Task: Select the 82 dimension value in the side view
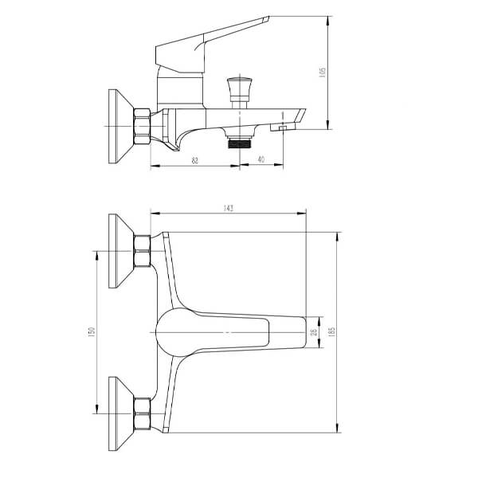point(194,161)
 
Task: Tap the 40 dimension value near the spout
point(262,161)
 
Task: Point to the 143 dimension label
point(228,208)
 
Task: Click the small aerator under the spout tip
point(283,127)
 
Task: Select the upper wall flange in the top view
point(120,252)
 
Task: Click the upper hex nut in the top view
point(143,252)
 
